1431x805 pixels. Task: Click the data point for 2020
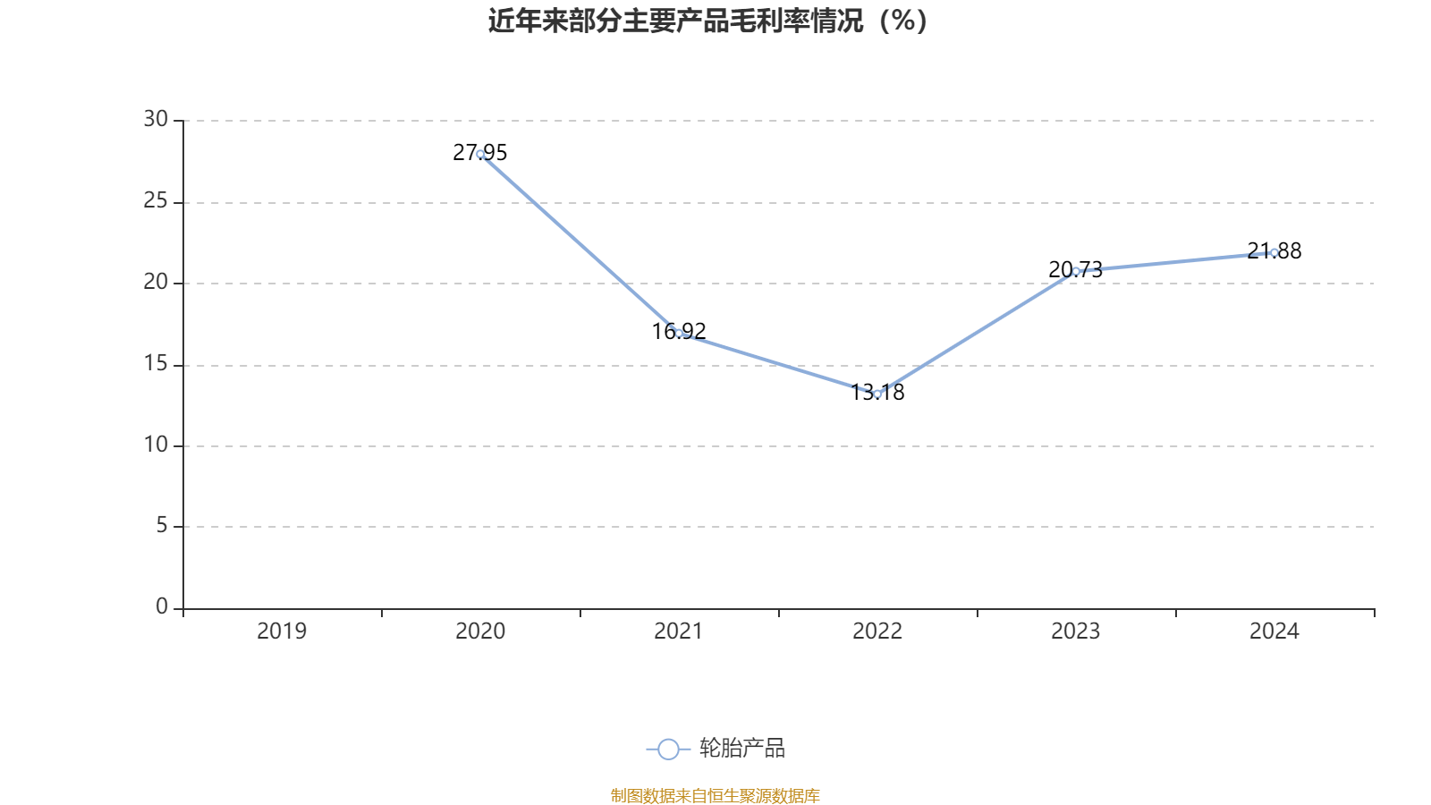480,154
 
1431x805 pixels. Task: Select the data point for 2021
679,333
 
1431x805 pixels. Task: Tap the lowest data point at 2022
877,394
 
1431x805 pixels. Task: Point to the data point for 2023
1076,270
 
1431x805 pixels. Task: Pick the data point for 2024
1274,252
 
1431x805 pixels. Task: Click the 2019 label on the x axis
282,631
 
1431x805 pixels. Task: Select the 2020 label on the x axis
480,631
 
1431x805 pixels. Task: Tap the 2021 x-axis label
679,631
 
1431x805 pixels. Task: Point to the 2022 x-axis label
877,631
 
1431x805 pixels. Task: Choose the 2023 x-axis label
1076,631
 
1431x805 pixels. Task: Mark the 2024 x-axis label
1274,631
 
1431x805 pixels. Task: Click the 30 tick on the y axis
156,120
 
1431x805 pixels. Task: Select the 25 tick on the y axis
156,201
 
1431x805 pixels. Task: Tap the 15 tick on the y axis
156,364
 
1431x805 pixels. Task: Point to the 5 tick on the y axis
162,526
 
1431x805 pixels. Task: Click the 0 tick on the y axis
162,607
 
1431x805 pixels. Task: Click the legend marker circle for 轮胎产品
668,749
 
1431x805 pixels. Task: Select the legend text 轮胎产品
742,749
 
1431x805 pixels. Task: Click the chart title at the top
708,21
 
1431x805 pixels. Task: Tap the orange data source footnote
715,795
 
